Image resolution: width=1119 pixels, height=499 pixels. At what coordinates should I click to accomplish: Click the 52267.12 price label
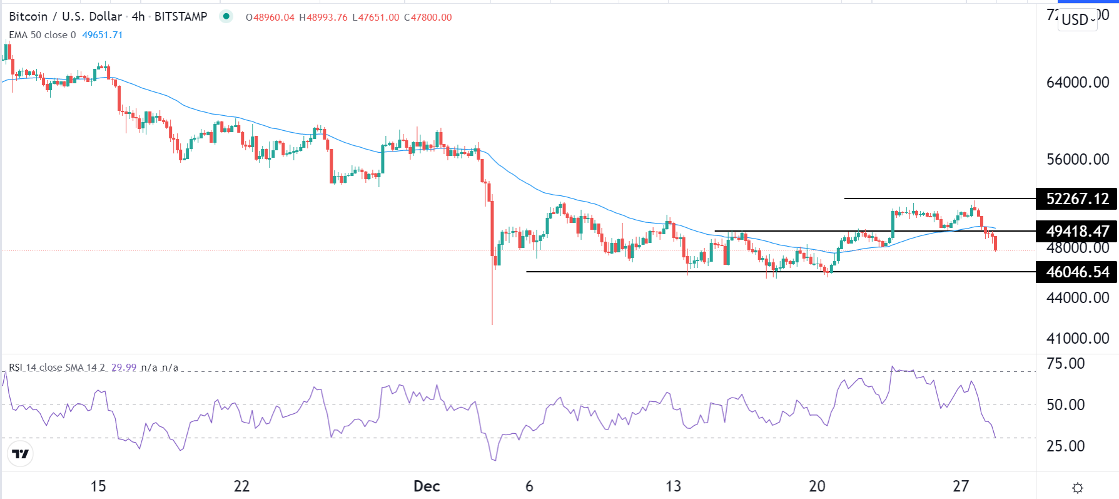pos(1076,199)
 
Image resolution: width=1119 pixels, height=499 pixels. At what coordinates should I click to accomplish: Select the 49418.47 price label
pos(1076,232)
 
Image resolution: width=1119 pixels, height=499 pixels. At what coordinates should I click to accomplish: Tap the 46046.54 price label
pos(1076,272)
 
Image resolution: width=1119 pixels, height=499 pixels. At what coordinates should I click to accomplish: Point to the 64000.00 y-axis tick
pos(1077,83)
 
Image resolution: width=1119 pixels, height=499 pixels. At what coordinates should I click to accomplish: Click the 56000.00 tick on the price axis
pos(1077,160)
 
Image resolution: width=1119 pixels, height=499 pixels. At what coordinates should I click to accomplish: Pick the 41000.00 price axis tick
pos(1077,339)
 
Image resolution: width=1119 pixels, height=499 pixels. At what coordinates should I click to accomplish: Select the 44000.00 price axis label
pos(1077,298)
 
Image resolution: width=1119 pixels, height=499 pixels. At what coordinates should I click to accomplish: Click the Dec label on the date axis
pos(427,486)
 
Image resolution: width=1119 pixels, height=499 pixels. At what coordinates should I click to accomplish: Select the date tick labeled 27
pos(961,486)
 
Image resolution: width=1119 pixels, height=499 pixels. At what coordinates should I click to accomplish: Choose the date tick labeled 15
pos(98,486)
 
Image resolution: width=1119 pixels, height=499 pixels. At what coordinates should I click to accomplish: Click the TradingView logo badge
pos(21,454)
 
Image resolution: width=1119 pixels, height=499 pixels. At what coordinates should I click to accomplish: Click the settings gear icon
pos(1077,488)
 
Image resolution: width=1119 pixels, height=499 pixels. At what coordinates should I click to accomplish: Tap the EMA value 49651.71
pos(103,35)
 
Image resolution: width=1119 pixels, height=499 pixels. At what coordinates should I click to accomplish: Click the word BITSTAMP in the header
pos(181,17)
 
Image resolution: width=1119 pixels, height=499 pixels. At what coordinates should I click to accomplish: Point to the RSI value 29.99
pos(124,368)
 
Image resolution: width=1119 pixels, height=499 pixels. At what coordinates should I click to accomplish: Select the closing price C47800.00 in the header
pos(428,18)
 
